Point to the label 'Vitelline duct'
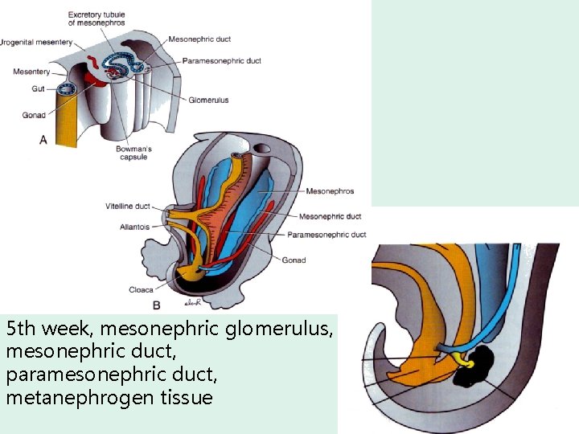tap(127, 207)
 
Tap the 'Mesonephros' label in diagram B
tap(330, 191)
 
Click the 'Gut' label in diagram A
tap(38, 88)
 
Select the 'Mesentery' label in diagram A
tap(31, 72)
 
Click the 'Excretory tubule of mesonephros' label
tap(96, 18)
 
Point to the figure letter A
tap(43, 140)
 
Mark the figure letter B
tap(157, 305)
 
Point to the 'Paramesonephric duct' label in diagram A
tap(222, 60)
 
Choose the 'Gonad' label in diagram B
tap(294, 260)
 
